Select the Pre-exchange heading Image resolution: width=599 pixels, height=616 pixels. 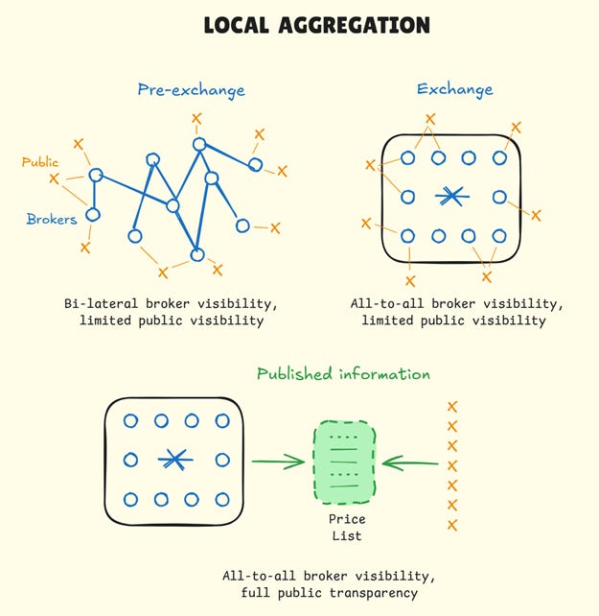coord(191,90)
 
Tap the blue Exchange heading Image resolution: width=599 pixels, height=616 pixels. coord(454,89)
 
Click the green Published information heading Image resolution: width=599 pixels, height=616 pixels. coord(343,373)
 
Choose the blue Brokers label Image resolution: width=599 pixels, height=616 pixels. coord(51,219)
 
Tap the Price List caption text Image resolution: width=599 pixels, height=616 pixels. coord(347,527)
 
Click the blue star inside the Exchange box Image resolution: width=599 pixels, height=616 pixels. coord(452,197)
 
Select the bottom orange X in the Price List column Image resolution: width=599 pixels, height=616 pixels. coord(452,525)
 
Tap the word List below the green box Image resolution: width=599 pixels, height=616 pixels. coord(347,535)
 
